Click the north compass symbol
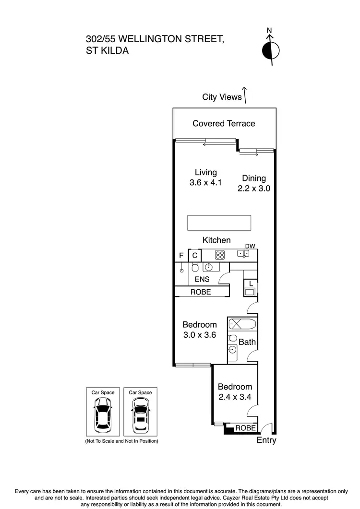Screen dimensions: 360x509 coord(271,50)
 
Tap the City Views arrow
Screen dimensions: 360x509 coord(245,95)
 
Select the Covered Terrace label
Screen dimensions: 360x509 coord(224,123)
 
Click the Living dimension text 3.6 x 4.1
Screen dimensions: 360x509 coord(205,182)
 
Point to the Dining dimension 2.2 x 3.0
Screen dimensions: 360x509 coord(254,189)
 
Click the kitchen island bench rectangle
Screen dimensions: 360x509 coord(219,223)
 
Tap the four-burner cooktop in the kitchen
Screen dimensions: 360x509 coord(220,255)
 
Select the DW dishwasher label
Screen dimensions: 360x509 coord(250,246)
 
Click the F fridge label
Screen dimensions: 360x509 coord(181,256)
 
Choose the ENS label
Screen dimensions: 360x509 coord(202,279)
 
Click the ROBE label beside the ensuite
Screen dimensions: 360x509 coord(201,292)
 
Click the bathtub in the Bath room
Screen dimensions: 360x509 coord(242,324)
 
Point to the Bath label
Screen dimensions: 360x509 coord(247,342)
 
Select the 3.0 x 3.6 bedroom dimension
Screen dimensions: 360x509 coord(200,335)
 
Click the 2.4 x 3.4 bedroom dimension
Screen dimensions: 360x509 coord(235,397)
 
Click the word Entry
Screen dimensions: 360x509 coord(267,440)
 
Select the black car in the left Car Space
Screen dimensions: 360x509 coord(103,415)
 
